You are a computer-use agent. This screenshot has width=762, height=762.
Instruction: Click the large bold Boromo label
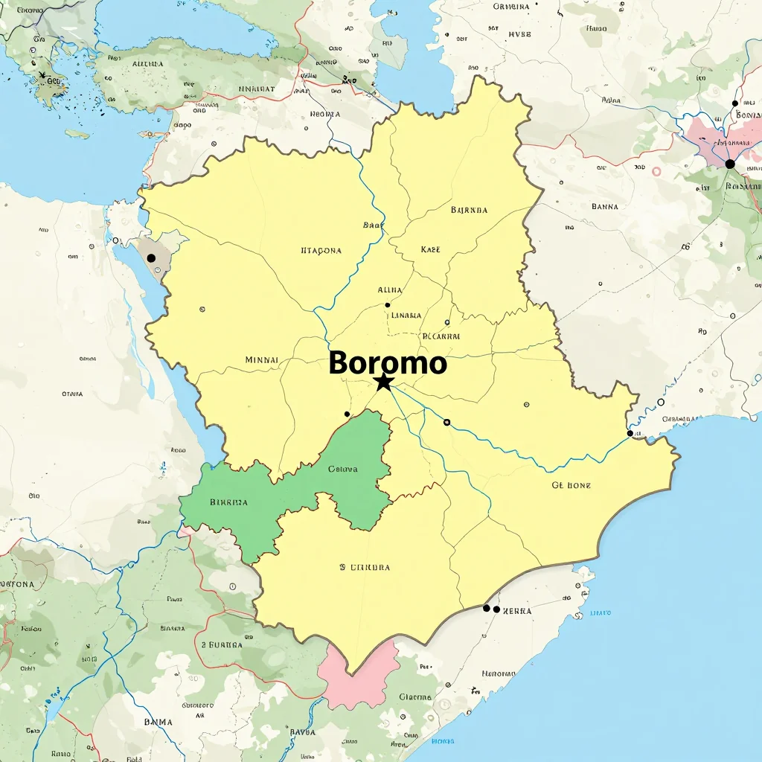click(388, 363)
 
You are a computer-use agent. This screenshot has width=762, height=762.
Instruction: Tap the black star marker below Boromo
click(383, 382)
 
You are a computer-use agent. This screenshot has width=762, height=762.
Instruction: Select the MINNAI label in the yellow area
click(261, 359)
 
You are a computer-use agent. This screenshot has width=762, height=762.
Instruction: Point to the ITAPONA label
click(321, 251)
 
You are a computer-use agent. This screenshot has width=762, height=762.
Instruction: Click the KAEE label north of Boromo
click(430, 249)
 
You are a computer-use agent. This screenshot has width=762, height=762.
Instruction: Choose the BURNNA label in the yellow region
click(469, 210)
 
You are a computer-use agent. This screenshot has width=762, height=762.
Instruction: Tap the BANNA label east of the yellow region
click(604, 207)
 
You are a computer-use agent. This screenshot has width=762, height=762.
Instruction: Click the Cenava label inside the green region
click(342, 470)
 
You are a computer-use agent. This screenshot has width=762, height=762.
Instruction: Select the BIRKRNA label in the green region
click(228, 502)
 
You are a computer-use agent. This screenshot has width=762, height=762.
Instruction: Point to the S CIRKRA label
click(365, 567)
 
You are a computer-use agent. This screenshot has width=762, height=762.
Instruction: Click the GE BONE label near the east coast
click(571, 485)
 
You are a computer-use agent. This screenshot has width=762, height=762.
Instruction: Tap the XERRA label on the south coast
click(517, 610)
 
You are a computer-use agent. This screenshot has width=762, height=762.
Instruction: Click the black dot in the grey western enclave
click(151, 257)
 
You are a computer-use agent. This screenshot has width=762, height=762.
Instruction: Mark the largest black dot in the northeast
click(729, 164)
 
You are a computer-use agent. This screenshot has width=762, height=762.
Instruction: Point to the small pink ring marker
click(656, 171)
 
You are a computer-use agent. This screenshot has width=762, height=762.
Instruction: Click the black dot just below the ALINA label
click(387, 304)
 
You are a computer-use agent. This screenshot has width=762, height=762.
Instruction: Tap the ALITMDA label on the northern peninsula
click(147, 64)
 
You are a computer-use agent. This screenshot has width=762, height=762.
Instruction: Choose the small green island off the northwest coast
click(77, 134)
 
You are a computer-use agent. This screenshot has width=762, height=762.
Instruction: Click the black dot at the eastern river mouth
click(630, 433)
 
